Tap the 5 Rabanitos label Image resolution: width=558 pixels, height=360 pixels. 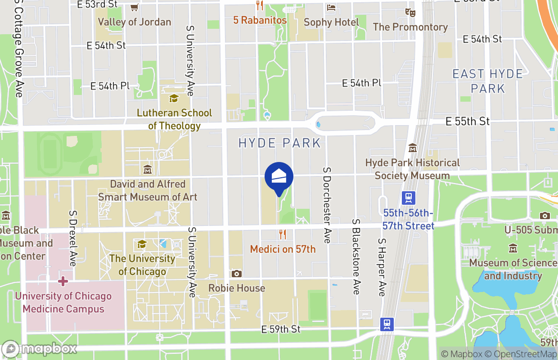click(x=260, y=20)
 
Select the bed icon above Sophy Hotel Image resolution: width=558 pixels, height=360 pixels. click(x=331, y=8)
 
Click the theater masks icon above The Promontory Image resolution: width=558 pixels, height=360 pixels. click(x=410, y=12)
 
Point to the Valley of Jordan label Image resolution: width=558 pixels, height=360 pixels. click(x=134, y=22)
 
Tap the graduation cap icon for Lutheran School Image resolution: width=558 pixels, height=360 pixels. click(x=174, y=98)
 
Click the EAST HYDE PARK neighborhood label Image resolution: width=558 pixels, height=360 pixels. click(x=488, y=81)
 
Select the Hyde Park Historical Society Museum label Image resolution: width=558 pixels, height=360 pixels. click(x=412, y=169)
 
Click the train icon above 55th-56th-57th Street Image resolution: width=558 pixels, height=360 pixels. click(x=409, y=198)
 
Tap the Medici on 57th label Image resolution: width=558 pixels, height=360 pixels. click(x=283, y=249)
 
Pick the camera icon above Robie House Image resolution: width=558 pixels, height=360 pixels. click(x=237, y=274)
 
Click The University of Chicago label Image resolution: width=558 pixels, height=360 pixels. click(x=142, y=265)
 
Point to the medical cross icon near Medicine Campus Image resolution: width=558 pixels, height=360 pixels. click(x=63, y=281)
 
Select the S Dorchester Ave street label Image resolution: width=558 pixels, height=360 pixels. click(x=327, y=205)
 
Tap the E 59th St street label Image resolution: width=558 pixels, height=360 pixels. click(x=280, y=329)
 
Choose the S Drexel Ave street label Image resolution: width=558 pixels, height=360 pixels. click(x=72, y=237)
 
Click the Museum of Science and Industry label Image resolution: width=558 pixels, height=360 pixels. click(x=513, y=269)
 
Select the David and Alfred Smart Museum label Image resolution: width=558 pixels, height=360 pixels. click(x=148, y=190)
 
